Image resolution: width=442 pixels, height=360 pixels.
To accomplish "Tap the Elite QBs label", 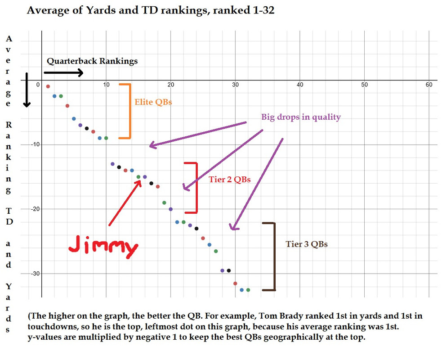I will pos(153,102).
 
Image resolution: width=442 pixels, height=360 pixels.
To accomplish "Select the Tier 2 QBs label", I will pos(229,180).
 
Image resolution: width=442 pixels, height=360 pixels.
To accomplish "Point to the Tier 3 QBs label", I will pos(306,244).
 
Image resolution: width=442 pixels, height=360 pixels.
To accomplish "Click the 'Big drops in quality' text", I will pos(301,117).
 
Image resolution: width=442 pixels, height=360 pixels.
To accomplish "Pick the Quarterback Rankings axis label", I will pos(92,61).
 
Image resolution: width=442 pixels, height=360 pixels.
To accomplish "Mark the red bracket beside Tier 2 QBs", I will pos(195,187).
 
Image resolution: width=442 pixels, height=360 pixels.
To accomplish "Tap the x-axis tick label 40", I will pos(300,85).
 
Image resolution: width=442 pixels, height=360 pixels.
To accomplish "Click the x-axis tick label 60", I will pos(429,85).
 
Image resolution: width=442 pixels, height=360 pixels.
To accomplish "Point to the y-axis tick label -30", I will pos(35,274).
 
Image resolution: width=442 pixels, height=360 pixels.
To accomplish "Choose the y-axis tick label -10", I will pos(35,144).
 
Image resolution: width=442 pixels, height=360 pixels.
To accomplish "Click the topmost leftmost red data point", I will pos(48,86).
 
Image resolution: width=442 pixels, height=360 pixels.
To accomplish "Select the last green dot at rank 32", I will pos(248,290).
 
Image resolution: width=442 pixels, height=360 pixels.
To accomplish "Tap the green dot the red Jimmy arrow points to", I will pos(138,177).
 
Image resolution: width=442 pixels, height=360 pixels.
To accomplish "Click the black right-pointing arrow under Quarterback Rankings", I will pos(63,72).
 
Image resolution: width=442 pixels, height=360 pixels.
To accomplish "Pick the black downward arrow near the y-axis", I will pos(27,90).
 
